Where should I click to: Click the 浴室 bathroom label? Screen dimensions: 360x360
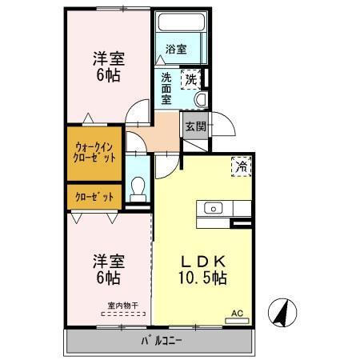tap(176, 49)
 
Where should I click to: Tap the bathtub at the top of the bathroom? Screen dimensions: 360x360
tap(182, 22)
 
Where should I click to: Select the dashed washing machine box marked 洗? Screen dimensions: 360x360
tap(190, 79)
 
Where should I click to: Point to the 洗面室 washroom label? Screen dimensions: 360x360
tap(166, 89)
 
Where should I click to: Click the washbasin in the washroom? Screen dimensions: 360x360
tap(202, 99)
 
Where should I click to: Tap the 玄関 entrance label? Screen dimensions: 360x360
tap(196, 126)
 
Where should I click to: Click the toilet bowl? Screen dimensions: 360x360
tap(138, 189)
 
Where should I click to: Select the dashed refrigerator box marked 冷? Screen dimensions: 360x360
tap(242, 166)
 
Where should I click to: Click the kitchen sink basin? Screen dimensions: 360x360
tap(214, 208)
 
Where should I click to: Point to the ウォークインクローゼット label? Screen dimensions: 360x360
tap(94, 153)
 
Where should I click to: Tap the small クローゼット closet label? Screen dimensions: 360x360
tap(94, 197)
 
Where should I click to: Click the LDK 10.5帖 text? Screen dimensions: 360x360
tap(202, 270)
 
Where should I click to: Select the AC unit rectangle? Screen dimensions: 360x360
tap(237, 321)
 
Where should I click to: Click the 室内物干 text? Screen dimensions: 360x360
tap(123, 306)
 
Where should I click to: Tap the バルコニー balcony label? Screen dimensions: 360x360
tap(162, 341)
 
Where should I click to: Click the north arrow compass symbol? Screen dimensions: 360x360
tap(282, 312)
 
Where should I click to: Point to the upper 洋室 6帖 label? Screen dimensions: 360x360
tap(109, 66)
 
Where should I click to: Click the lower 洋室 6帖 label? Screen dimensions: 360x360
tap(109, 270)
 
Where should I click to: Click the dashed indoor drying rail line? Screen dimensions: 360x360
tap(123, 314)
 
